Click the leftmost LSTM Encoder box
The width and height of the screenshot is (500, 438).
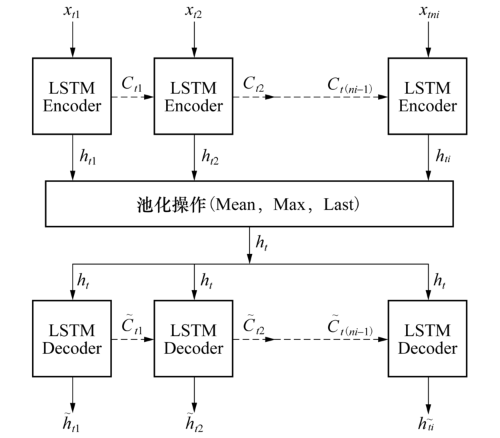click(73, 97)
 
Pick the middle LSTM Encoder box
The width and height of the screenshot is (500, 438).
click(194, 97)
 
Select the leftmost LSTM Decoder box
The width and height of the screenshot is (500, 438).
click(73, 339)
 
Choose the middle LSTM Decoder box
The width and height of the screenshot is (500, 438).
click(194, 339)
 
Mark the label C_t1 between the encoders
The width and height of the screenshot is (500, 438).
click(132, 85)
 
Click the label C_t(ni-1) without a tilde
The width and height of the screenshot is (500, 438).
click(349, 85)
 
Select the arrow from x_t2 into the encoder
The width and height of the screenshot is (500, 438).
click(194, 41)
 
